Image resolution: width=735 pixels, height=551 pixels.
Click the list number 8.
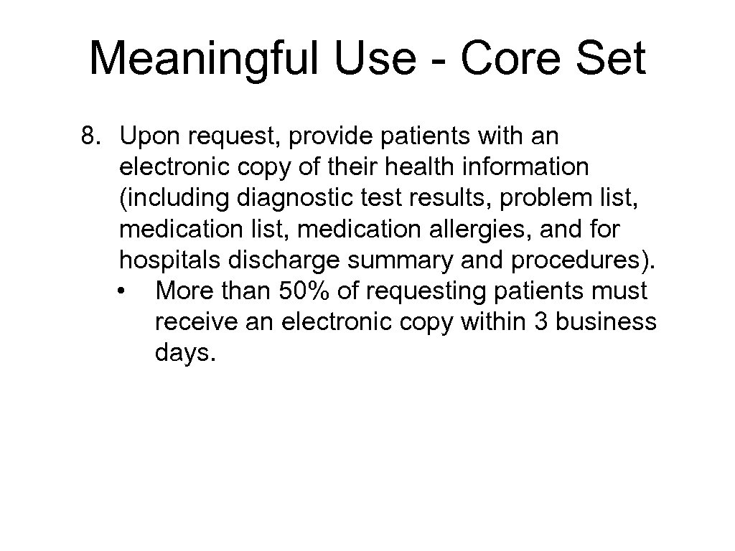pos(90,136)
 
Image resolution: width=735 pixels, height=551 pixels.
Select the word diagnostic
pos(271,199)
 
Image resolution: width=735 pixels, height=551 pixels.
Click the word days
pos(184,354)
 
